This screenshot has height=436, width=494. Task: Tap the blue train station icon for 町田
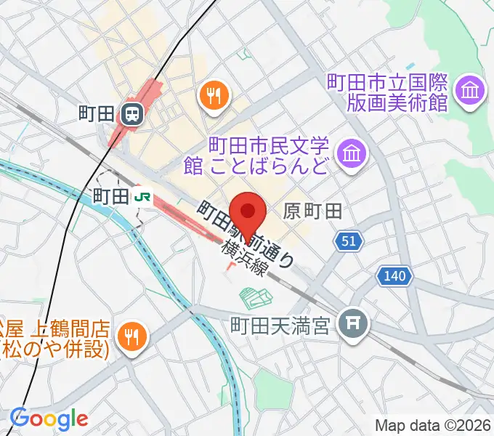coord(132,113)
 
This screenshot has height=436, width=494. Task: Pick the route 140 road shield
coord(395,276)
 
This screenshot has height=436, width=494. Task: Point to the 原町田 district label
coord(312,211)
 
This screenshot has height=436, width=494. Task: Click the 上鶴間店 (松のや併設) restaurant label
coord(54,336)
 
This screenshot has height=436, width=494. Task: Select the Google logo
coord(49,418)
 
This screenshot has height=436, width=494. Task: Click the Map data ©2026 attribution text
coord(433,424)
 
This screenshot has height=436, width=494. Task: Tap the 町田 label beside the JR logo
coord(111,196)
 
